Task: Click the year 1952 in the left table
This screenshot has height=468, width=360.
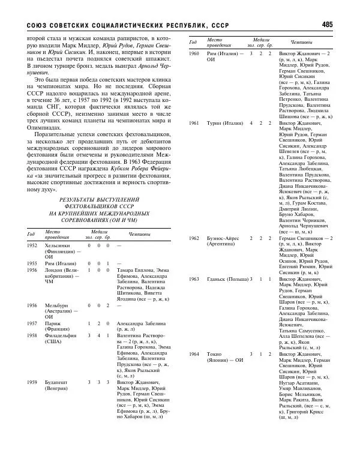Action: pyautogui.click(x=32, y=245)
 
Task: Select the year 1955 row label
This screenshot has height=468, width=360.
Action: pyautogui.click(x=32, y=263)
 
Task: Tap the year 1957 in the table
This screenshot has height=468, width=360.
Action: pyautogui.click(x=32, y=323)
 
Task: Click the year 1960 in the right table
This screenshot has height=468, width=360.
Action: pyautogui.click(x=194, y=53)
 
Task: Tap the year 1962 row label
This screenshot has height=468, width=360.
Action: pyautogui.click(x=194, y=238)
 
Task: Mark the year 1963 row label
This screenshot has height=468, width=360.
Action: pyautogui.click(x=194, y=279)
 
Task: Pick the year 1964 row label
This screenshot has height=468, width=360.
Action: pyautogui.click(x=194, y=355)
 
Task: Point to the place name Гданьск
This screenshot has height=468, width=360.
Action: pyautogui.click(x=217, y=279)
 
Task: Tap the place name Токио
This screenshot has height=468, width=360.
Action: pyautogui.click(x=215, y=355)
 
